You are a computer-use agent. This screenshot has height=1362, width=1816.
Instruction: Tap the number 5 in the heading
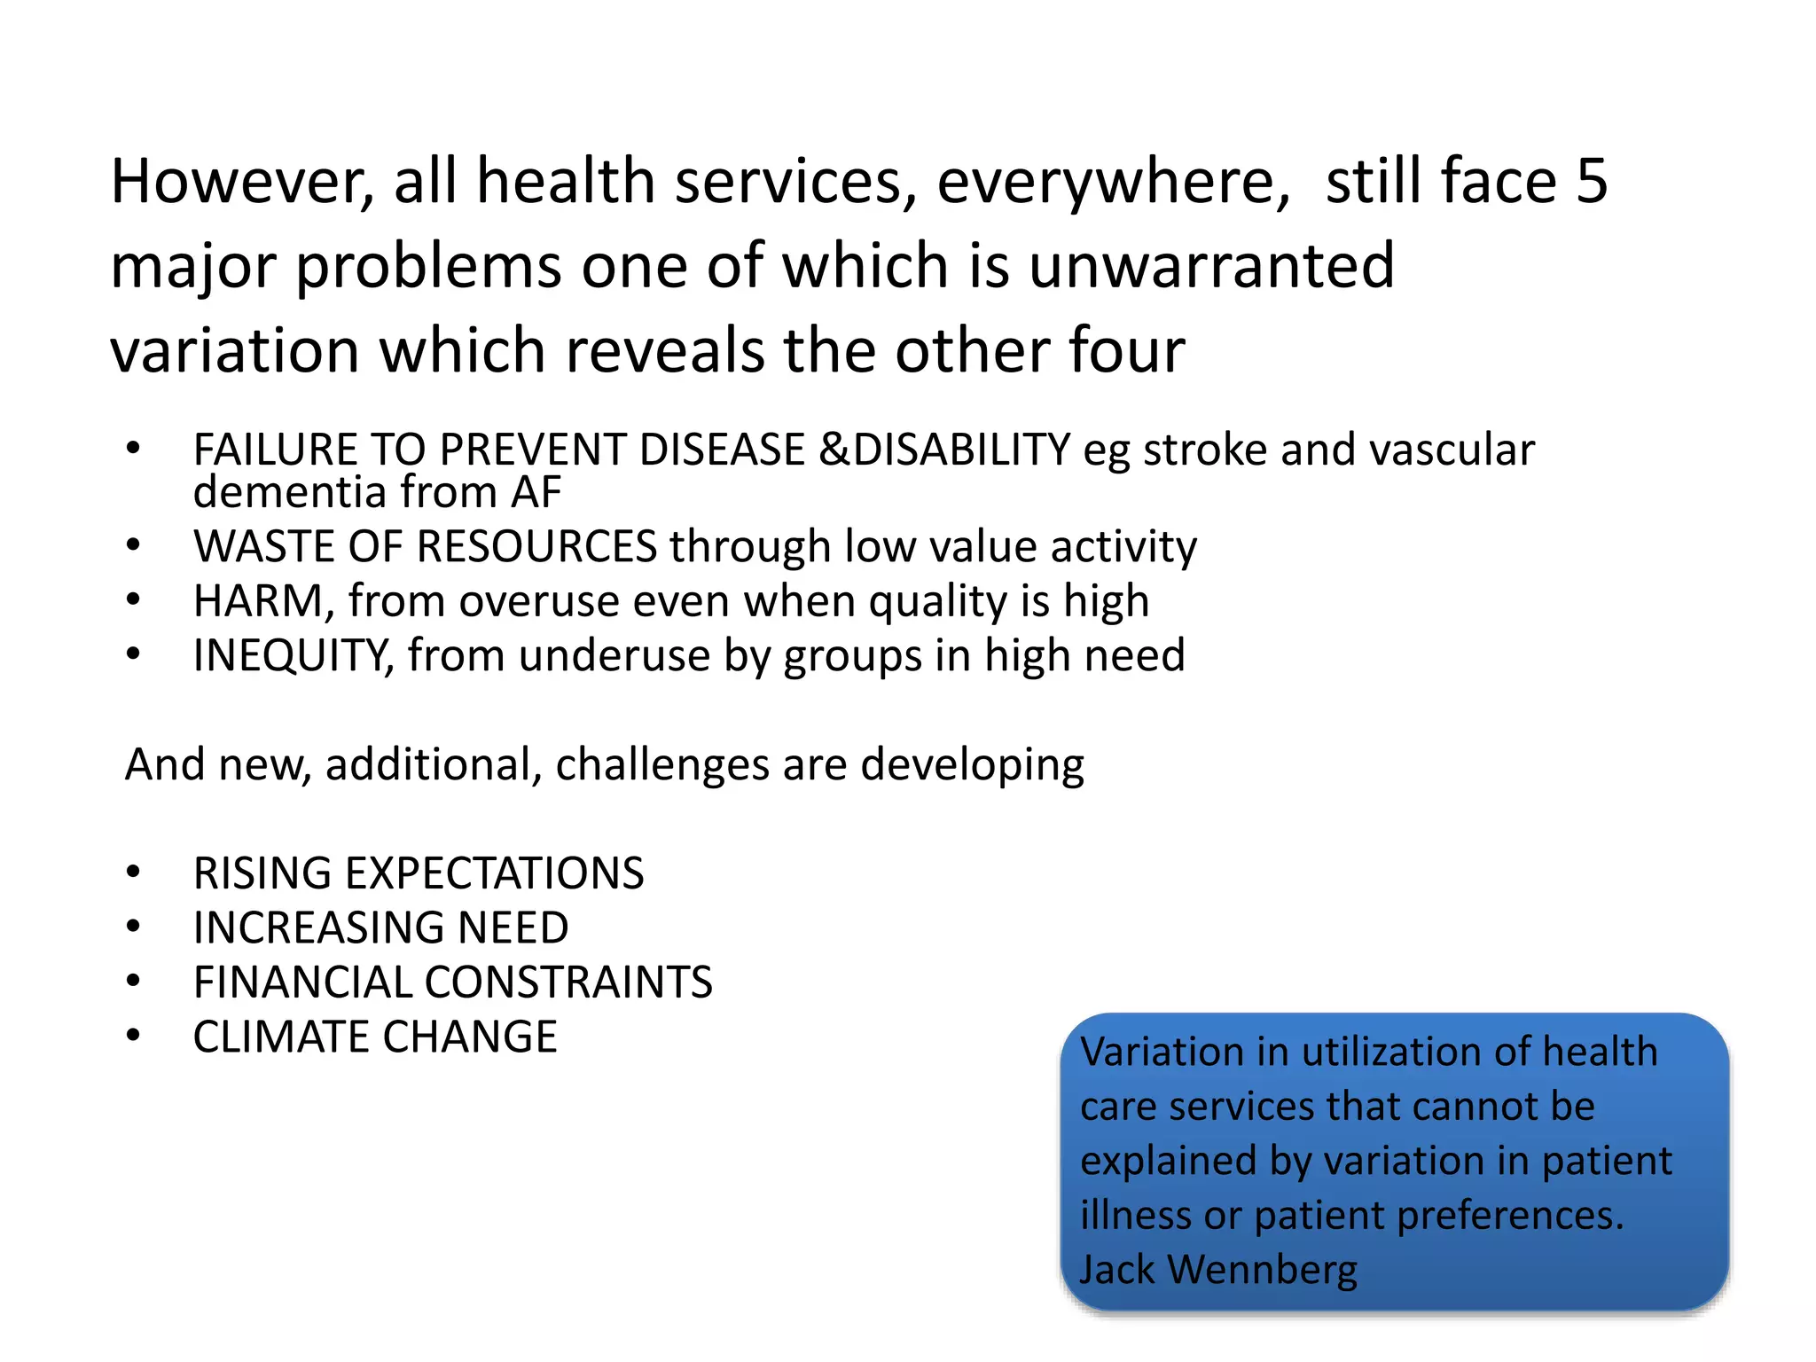(x=1592, y=182)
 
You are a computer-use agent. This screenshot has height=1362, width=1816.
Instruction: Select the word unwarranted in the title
(x=1211, y=266)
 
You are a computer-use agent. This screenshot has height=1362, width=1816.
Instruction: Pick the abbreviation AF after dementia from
(x=536, y=492)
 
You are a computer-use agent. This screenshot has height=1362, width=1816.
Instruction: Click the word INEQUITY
(x=293, y=657)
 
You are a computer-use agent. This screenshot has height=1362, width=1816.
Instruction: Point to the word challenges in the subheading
(x=661, y=764)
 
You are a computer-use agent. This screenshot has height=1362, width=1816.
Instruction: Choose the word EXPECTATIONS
(x=494, y=874)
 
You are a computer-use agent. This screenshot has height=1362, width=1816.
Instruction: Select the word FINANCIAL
(x=301, y=983)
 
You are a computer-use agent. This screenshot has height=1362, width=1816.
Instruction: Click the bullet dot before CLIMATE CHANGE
(x=133, y=1037)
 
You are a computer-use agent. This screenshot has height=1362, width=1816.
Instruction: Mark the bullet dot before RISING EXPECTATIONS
(x=133, y=873)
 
